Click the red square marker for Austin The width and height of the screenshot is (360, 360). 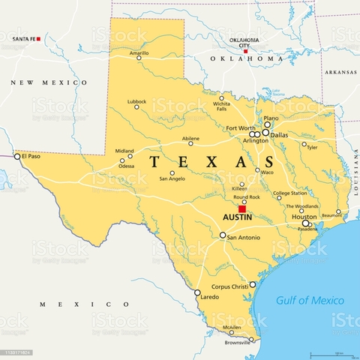tap(241, 209)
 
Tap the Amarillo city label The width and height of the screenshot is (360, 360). tap(139, 53)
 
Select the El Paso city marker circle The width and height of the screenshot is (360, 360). tap(17, 156)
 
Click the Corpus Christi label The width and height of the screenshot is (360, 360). tap(229, 286)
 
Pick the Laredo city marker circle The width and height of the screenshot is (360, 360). tap(197, 292)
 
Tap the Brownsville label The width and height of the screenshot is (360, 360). tap(238, 343)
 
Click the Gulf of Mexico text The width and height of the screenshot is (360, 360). tap(308, 300)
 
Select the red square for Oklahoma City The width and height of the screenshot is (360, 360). tap(244, 52)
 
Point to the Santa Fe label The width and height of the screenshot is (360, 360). tap(25, 38)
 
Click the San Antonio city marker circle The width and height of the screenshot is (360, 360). tap(222, 235)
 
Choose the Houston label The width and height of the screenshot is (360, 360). tap(303, 217)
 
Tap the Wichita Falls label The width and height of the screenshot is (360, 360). tap(221, 106)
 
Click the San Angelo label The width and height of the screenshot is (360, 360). tap(172, 178)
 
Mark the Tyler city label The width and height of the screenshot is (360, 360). tap(312, 148)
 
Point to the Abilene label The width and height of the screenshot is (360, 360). tap(190, 139)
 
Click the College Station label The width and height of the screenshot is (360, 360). tap(289, 193)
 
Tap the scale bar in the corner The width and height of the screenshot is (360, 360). tap(333, 352)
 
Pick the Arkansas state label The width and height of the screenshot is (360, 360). tap(340, 72)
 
